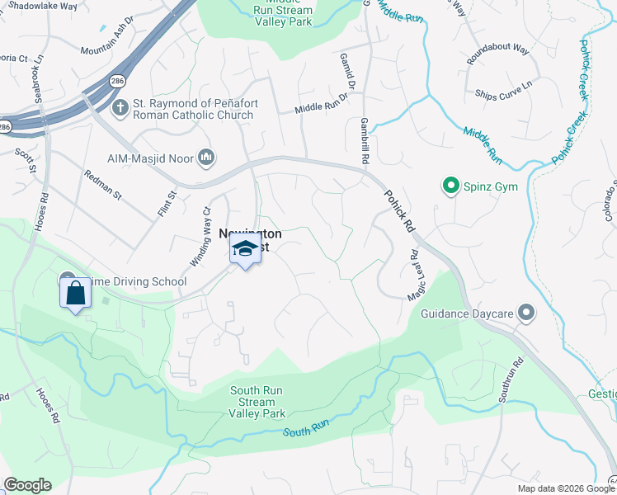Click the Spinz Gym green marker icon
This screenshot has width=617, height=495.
pos(450,186)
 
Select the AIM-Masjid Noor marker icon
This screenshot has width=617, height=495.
pos(206,157)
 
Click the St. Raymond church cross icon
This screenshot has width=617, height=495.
pos(120,106)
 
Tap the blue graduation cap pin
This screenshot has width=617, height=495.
pos(245,249)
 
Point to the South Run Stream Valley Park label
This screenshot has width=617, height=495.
pos(257,402)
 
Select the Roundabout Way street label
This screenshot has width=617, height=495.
pos(497,48)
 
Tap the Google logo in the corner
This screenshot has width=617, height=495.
pos(27,485)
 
